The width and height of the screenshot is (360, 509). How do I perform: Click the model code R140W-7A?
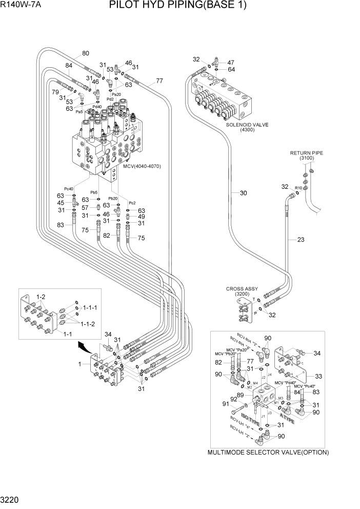[23, 6]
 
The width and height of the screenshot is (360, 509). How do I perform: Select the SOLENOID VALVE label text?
[247, 125]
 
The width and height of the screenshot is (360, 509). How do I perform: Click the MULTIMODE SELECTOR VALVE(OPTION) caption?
[268, 452]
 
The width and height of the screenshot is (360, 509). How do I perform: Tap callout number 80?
[85, 53]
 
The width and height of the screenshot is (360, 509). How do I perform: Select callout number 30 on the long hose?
[244, 193]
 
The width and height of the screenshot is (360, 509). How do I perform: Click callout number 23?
[301, 239]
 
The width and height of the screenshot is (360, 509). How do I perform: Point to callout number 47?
[231, 62]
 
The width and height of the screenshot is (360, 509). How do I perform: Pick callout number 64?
[231, 69]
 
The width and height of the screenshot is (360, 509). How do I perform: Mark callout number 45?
[61, 203]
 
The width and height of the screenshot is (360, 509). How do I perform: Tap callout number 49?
[142, 217]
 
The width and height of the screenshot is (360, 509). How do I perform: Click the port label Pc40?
[69, 189]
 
